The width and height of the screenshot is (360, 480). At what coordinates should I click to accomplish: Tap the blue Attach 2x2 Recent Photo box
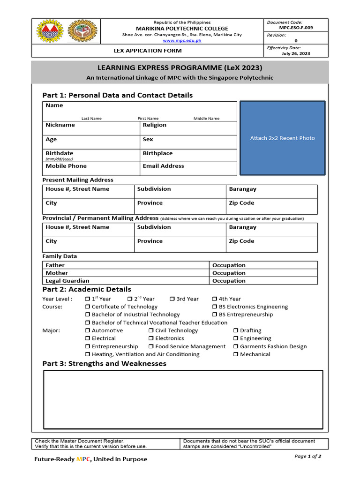282,138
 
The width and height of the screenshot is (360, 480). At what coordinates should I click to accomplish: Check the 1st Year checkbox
88,299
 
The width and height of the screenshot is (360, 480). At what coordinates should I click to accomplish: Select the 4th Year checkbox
214,299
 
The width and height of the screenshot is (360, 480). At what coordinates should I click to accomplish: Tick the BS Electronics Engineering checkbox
215,307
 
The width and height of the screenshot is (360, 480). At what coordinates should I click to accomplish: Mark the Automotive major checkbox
88,331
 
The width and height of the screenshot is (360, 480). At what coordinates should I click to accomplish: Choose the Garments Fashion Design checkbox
236,347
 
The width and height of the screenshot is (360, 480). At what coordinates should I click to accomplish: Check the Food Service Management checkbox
151,347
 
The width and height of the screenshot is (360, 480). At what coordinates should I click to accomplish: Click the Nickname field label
60,125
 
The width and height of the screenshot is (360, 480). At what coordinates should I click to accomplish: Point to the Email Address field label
163,166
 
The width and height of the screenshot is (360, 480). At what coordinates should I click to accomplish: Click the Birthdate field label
59,153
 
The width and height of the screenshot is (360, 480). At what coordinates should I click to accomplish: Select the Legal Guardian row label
67,281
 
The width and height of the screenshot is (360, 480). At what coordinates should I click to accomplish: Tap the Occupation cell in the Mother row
229,273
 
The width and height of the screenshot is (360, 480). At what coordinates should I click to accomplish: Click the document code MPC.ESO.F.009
296,28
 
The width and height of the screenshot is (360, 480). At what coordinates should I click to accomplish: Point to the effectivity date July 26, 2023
296,53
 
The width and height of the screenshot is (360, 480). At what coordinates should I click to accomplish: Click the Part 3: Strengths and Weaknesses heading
104,364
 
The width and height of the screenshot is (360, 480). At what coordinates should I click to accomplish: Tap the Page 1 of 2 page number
307,456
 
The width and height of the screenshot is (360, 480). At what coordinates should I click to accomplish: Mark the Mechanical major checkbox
236,355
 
